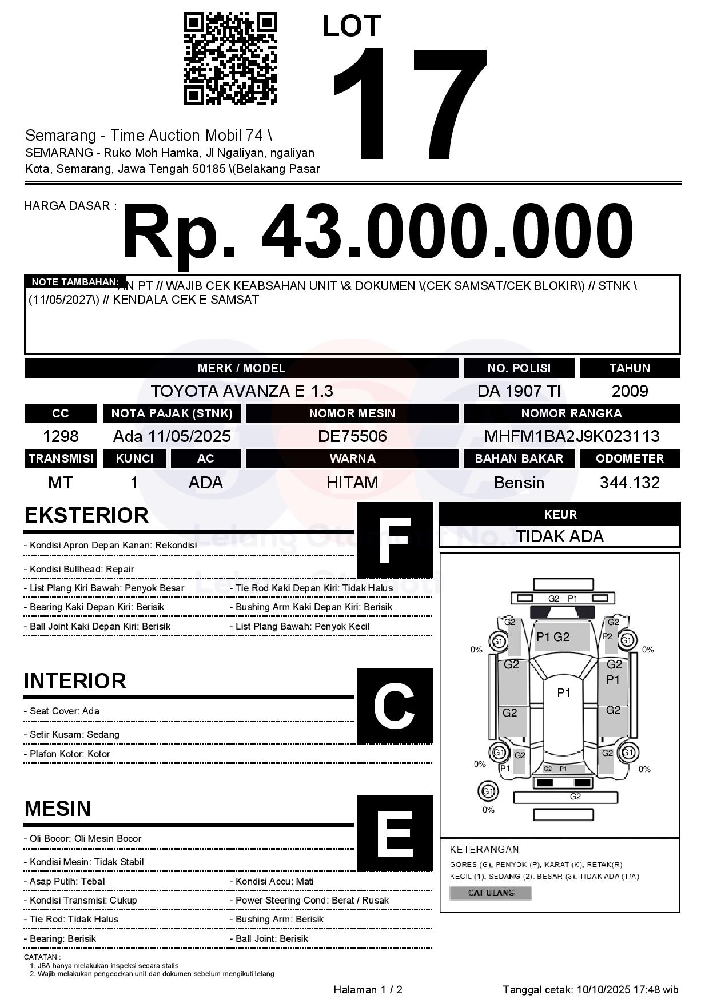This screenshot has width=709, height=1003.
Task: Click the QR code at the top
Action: coord(230,59)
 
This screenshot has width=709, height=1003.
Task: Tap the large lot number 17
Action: coord(409,103)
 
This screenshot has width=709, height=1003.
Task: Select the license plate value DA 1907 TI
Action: coord(519,391)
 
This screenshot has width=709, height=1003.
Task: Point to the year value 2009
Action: coord(630,391)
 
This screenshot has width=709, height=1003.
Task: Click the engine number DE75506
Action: coord(352,436)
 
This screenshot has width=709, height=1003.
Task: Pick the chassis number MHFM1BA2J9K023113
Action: coord(572,436)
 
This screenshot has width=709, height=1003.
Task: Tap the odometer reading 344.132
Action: coord(630,483)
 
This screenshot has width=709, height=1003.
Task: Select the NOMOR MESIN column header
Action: coord(352,413)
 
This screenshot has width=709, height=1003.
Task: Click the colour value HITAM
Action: coord(352,483)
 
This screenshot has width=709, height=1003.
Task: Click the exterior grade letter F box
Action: coord(395,540)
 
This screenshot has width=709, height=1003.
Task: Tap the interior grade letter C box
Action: coord(395,706)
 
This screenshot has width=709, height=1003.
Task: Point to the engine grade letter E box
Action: coord(395,833)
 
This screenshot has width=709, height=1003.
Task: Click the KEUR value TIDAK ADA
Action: coord(560,536)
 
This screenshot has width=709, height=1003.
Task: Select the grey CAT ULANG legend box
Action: coord(491,893)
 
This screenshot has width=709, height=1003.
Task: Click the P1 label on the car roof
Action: coord(564,693)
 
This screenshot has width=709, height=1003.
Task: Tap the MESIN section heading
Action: coord(58,809)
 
